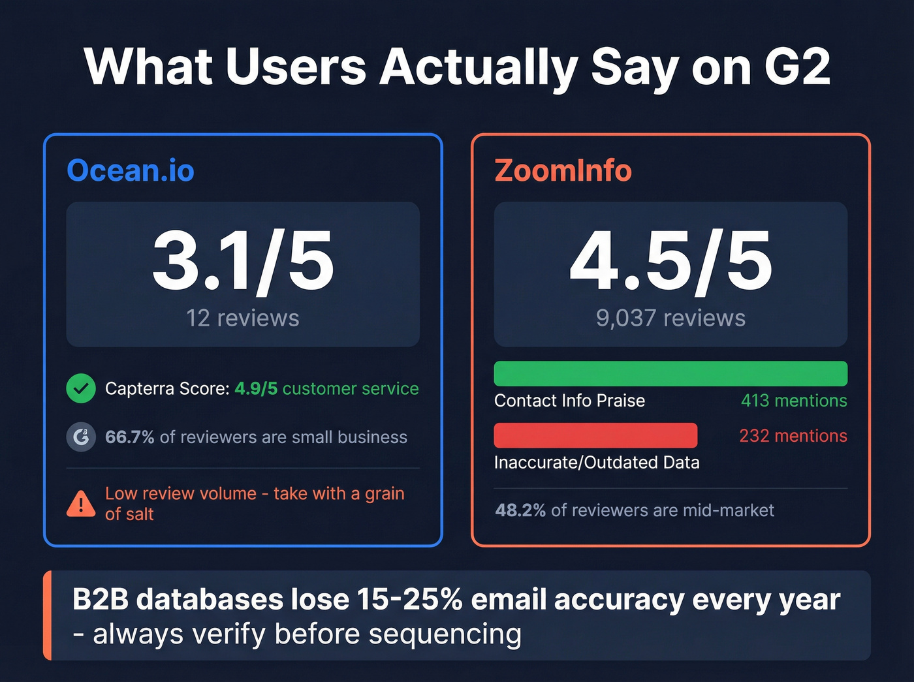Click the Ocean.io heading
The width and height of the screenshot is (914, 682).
tap(131, 170)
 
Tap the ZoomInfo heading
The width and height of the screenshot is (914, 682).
tap(563, 170)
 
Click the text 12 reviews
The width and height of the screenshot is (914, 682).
tap(243, 318)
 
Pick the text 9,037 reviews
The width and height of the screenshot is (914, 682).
tap(670, 318)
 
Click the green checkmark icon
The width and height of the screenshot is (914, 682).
tap(81, 388)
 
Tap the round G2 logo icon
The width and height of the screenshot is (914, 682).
tap(81, 437)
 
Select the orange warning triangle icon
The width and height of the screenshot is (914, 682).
tap(81, 503)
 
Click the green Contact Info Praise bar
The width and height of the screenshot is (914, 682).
tap(670, 373)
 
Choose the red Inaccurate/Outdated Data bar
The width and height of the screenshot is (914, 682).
tap(595, 435)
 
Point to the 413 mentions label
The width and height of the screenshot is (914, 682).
tap(794, 400)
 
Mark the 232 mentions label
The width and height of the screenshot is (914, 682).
tap(793, 435)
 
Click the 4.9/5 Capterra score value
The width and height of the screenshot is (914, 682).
tap(256, 388)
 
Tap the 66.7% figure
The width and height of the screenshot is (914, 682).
tap(129, 437)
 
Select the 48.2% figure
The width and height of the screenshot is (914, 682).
tap(520, 510)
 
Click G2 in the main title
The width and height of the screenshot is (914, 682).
tap(797, 67)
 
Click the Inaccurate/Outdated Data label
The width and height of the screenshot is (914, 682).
tap(597, 462)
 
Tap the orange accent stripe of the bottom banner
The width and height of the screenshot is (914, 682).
tap(47, 615)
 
